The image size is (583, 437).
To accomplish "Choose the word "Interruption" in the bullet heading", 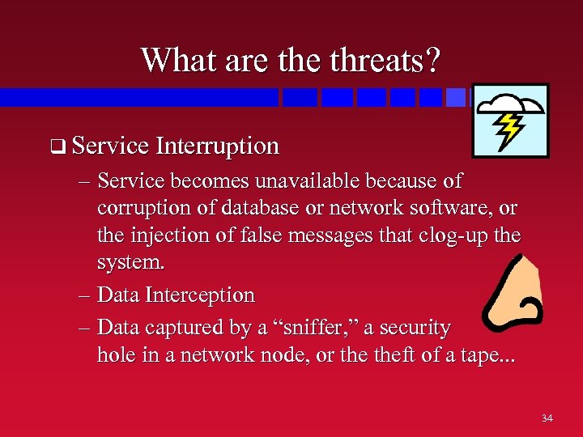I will coord(218,146).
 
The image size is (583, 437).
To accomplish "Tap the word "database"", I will coord(240,208).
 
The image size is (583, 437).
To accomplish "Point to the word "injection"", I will coord(168,236).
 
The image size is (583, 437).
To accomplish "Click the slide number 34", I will coord(547,418).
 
